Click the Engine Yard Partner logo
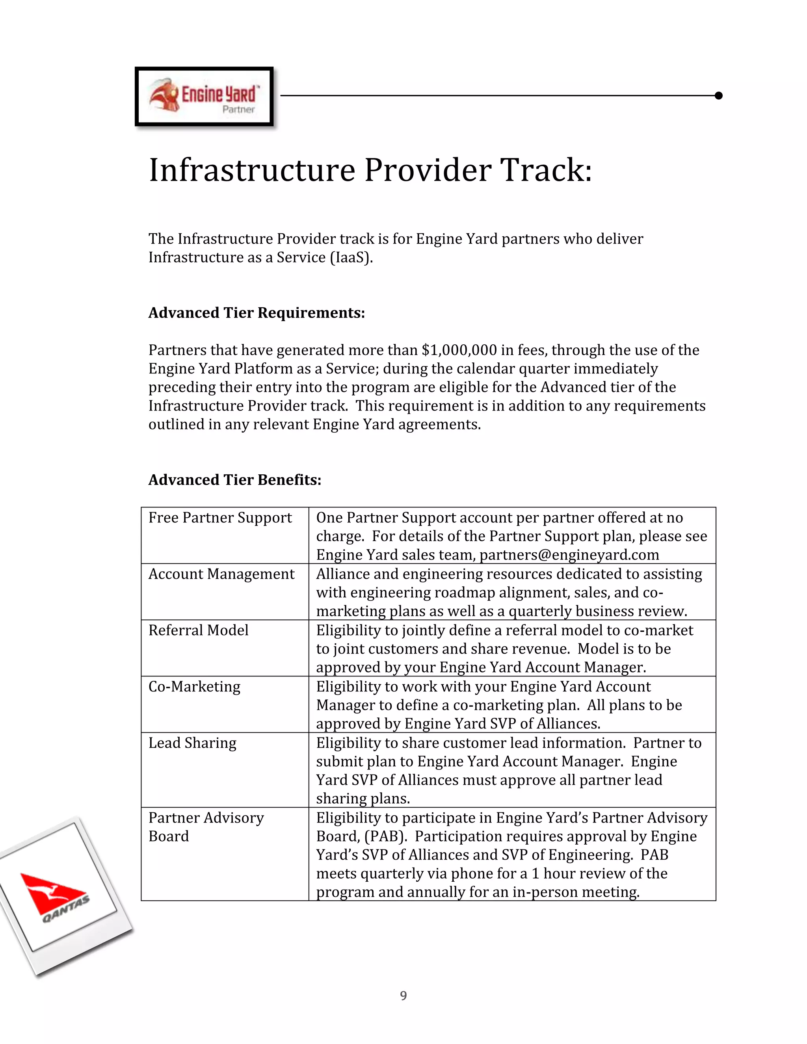click(x=204, y=96)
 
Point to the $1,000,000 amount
click(x=459, y=350)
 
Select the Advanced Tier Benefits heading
click(x=234, y=479)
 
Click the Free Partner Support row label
click(x=220, y=518)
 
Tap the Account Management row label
click(x=221, y=574)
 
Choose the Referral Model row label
click(x=199, y=630)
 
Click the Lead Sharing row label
click(x=192, y=743)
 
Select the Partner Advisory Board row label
click(x=206, y=827)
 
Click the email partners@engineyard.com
click(x=569, y=555)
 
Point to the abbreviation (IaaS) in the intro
click(x=351, y=257)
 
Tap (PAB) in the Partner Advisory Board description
click(x=385, y=836)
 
